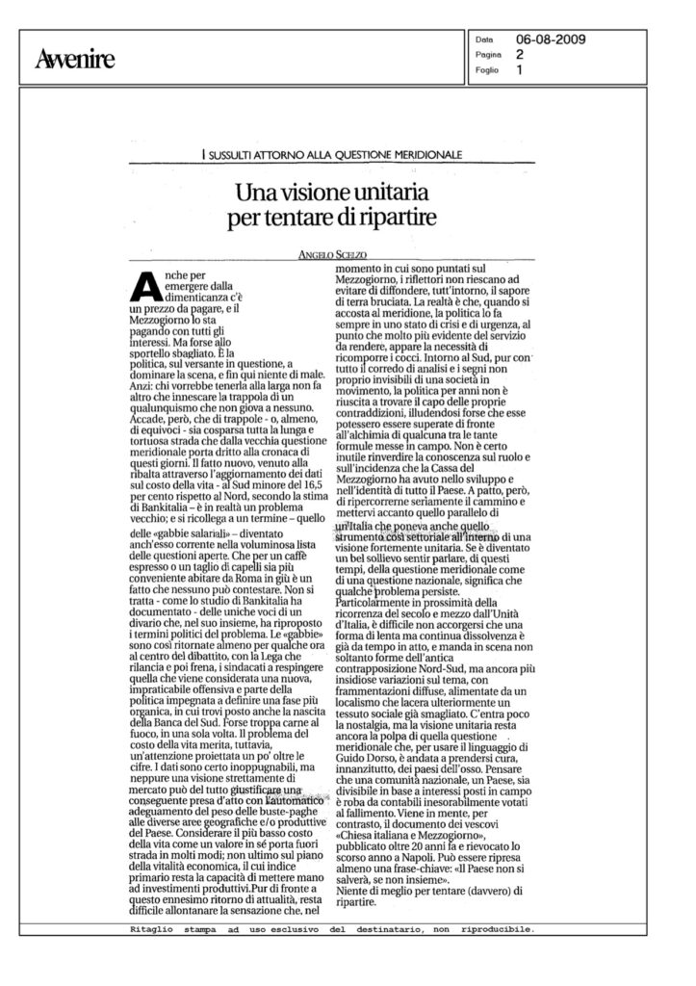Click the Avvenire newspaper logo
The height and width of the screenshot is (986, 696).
coord(74,60)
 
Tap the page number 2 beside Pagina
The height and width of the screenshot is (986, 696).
coord(520,56)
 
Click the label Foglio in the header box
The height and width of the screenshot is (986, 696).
coord(488,70)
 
